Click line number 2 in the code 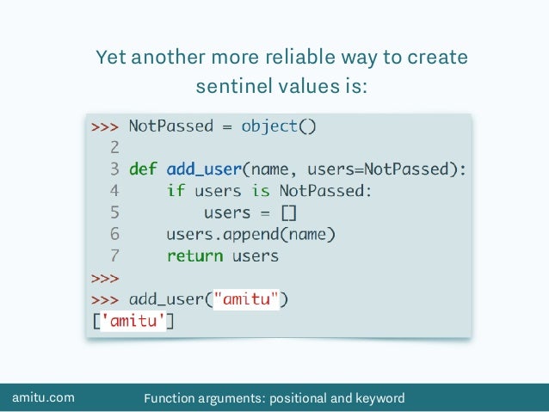point(114,147)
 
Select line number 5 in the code point(114,212)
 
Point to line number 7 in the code point(114,255)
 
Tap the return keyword point(194,255)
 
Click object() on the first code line point(280,126)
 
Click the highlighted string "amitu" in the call point(250,299)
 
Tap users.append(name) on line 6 point(250,234)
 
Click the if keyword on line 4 point(176,190)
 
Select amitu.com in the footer point(43,397)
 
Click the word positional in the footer point(306,397)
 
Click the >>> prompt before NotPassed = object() point(104,126)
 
